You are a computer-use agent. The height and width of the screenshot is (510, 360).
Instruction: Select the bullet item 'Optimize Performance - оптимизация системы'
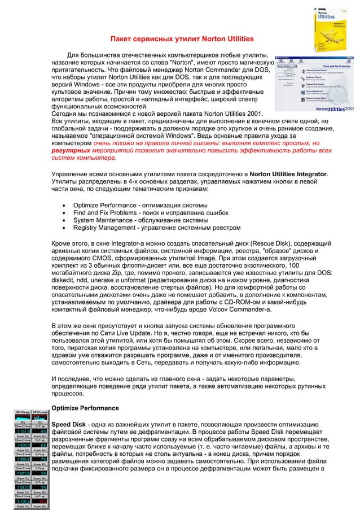pyautogui.click(x=140, y=204)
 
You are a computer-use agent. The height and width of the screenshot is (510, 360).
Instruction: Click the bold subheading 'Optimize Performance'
pyautogui.click(x=85, y=408)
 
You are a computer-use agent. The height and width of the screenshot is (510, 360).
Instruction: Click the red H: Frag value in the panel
pyautogui.click(x=39, y=500)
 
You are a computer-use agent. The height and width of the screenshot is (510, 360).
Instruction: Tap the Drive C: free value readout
pyautogui.click(x=21, y=431)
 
